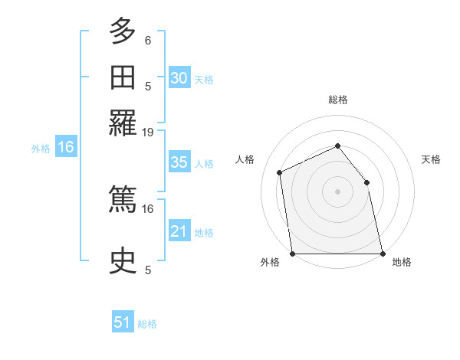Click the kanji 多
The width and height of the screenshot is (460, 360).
[123, 31]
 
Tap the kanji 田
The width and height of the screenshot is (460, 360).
[123, 77]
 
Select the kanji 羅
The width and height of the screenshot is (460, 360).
[123, 122]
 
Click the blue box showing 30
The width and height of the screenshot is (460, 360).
[179, 77]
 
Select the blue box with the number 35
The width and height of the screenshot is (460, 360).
[179, 162]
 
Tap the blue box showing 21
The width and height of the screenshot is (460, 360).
[179, 231]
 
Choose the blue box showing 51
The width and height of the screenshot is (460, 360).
[123, 322]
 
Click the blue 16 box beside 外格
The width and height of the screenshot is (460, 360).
[65, 148]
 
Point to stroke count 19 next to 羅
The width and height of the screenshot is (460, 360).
[148, 133]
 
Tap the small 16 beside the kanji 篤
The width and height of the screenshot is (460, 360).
[148, 208]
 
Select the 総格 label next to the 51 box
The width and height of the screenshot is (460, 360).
[147, 324]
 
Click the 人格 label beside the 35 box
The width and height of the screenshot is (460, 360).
[204, 164]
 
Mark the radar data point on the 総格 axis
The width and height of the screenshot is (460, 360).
[337, 146]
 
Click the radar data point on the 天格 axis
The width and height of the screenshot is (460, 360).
[366, 182]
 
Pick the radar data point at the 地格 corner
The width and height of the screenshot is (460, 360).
[382, 254]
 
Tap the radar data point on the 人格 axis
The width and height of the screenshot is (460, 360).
[280, 172]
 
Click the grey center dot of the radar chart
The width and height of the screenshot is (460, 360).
[337, 191]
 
